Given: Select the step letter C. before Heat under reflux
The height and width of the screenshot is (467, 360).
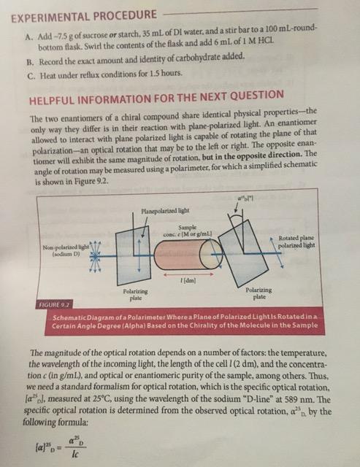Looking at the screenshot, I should pos(29,74).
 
